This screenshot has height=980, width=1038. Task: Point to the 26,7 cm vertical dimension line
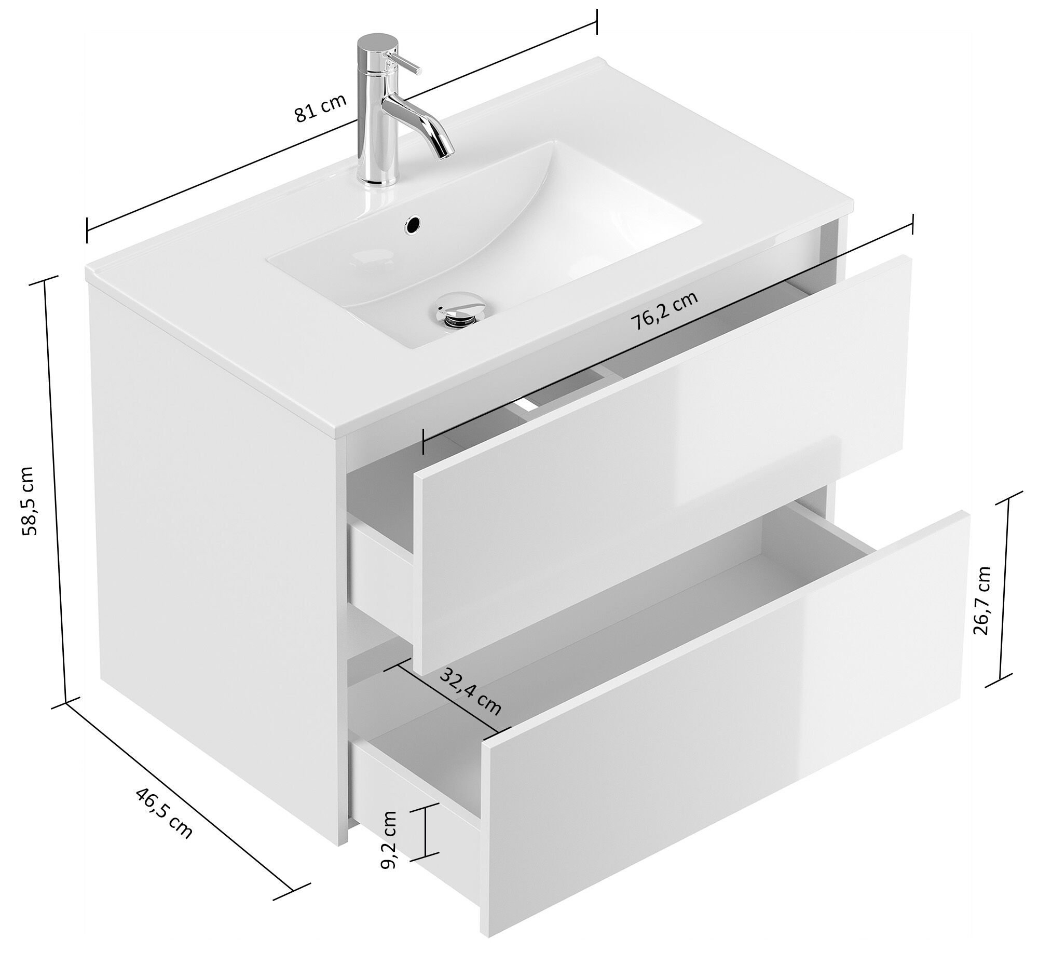coord(1005,590)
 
